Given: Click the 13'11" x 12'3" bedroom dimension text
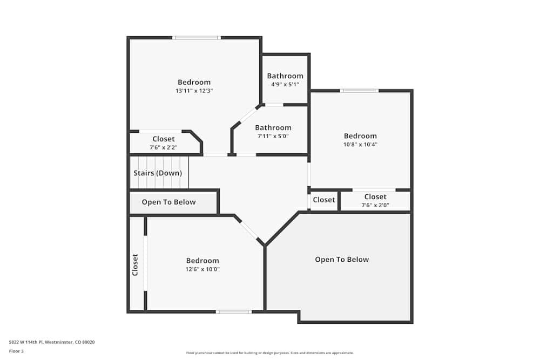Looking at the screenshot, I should click(194, 91).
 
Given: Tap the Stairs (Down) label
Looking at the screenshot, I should click(158, 173).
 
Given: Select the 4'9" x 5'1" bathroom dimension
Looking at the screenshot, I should click(285, 85).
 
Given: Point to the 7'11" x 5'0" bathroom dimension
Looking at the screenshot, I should click(273, 137).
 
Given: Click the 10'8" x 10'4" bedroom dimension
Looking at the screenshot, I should click(360, 145).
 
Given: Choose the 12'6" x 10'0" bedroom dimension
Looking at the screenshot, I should click(202, 269).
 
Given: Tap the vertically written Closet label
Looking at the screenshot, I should click(135, 264).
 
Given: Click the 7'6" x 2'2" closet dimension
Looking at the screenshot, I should click(163, 147).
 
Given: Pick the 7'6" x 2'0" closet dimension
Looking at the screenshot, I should click(375, 205).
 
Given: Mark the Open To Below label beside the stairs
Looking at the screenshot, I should click(168, 202).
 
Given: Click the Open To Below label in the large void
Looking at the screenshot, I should click(342, 260).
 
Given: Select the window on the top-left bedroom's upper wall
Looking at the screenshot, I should click(196, 38).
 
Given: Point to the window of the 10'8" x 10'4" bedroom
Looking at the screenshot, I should click(359, 91).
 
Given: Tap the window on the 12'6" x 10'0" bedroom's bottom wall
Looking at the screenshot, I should click(234, 311).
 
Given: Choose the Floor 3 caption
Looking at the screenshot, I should click(16, 351).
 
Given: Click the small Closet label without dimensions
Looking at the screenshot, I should click(324, 200).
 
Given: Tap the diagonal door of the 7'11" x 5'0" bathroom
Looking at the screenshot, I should click(247, 116).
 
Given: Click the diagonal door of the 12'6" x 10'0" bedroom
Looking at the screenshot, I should click(249, 230).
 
